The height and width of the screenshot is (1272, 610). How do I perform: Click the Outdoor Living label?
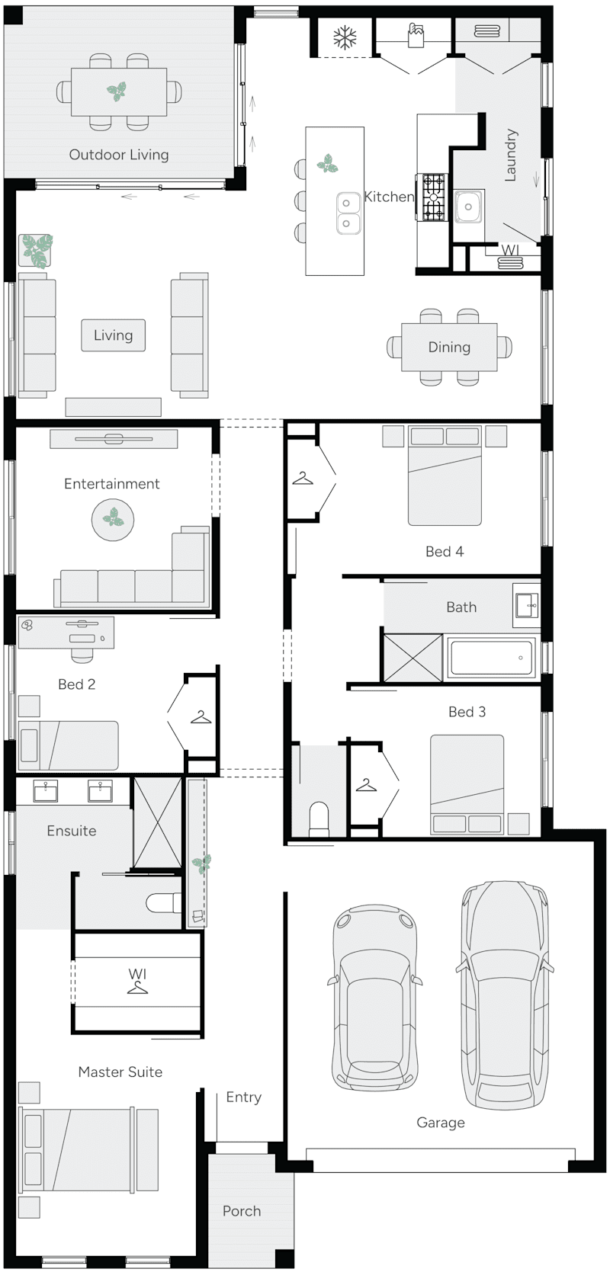pyautogui.click(x=119, y=155)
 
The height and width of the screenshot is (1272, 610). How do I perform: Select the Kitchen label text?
pyautogui.click(x=388, y=197)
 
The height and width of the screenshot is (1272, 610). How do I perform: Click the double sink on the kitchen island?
pyautogui.click(x=347, y=213)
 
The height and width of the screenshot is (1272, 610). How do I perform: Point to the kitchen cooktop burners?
pyautogui.click(x=433, y=197)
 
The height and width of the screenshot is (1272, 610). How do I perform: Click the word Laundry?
pyautogui.click(x=511, y=155)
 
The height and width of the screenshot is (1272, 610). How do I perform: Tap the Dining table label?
pyautogui.click(x=449, y=348)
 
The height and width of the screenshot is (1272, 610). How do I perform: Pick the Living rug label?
pyautogui.click(x=113, y=335)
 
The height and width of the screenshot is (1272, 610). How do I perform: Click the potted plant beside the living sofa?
pyautogui.click(x=35, y=250)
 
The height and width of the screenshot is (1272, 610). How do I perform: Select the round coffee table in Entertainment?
pyautogui.click(x=113, y=519)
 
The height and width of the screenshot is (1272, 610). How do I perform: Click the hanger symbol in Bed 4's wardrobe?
pyautogui.click(x=303, y=479)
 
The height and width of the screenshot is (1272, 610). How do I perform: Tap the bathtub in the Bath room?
pyautogui.click(x=491, y=657)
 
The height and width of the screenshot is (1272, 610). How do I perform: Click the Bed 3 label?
pyautogui.click(x=467, y=712)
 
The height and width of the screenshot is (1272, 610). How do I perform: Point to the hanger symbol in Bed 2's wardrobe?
pyautogui.click(x=201, y=717)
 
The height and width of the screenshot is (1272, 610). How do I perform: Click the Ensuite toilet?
pyautogui.click(x=162, y=903)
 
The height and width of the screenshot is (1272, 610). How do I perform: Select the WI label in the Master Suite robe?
pyautogui.click(x=137, y=974)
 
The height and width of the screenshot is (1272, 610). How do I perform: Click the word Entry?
pyautogui.click(x=243, y=1097)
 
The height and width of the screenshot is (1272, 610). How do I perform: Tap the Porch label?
pyautogui.click(x=242, y=1211)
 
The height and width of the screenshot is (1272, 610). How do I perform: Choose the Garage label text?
pyautogui.click(x=441, y=1123)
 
